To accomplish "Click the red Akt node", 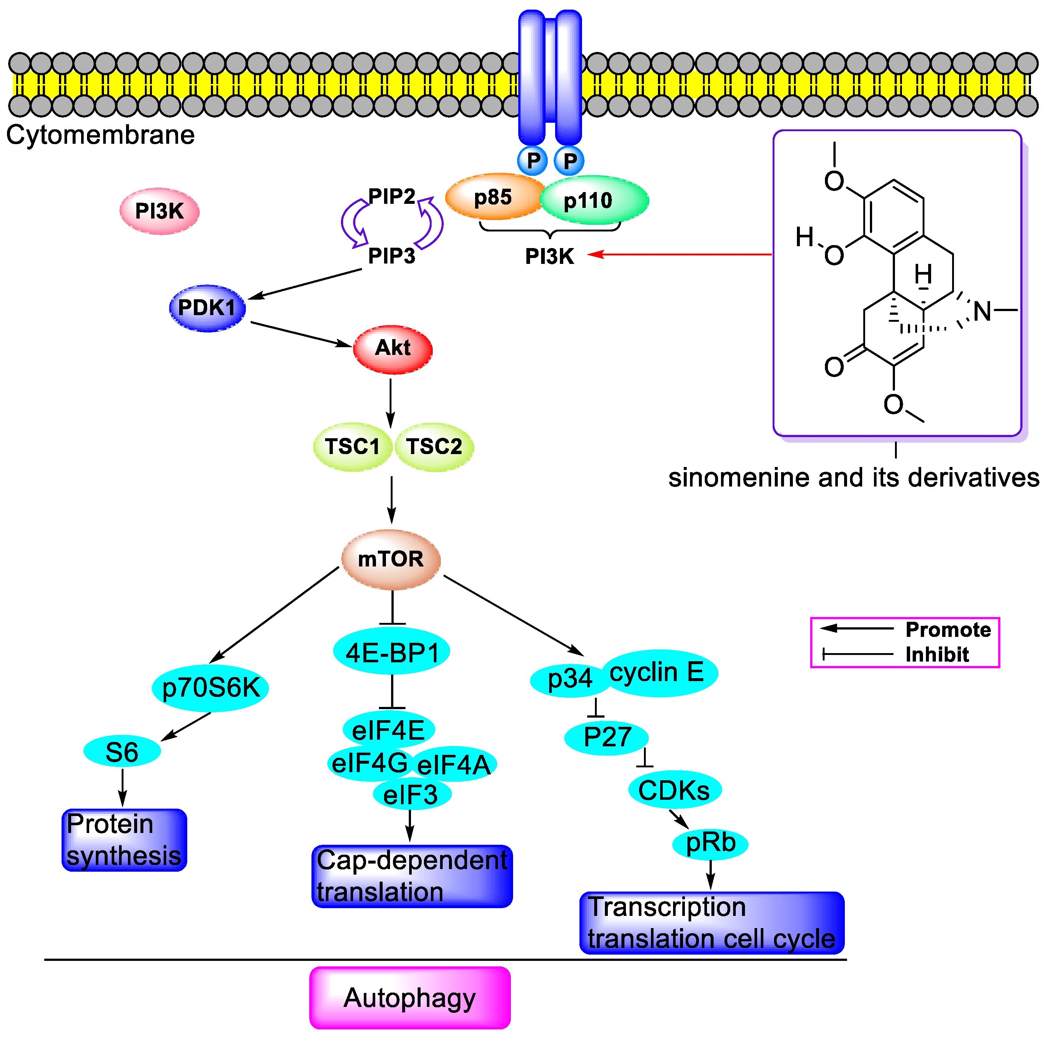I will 393,349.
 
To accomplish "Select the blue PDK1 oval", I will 208,308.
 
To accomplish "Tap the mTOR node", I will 390,559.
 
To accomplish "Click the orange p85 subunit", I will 493,197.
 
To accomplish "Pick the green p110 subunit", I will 593,201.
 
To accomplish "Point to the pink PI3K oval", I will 160,211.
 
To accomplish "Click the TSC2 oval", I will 434,447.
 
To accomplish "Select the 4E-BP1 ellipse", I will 391,652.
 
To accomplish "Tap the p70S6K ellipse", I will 211,687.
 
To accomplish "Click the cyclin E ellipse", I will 659,673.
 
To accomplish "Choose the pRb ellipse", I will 710,843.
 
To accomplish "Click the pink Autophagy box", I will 410,998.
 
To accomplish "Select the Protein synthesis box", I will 124,840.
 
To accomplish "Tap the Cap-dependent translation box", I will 412,876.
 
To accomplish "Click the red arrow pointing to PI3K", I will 681,254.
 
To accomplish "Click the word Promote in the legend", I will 947,630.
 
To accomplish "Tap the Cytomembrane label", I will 100,135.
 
